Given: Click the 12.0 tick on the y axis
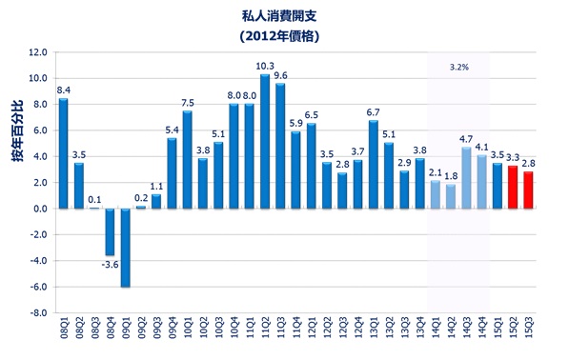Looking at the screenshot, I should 38,52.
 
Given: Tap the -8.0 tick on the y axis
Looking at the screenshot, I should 38,312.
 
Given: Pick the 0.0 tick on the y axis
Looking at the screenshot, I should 39,209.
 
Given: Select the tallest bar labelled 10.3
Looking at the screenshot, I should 265,142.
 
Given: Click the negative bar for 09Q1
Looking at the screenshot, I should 126,247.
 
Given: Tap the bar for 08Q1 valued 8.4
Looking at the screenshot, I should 64,153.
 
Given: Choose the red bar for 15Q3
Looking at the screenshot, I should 527,190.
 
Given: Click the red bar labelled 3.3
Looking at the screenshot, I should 512,188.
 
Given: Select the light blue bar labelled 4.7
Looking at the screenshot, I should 466,178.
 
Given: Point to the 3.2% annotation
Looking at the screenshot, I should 459,69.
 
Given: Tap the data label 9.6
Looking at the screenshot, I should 280,74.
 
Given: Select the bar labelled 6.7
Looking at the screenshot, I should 373,165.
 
